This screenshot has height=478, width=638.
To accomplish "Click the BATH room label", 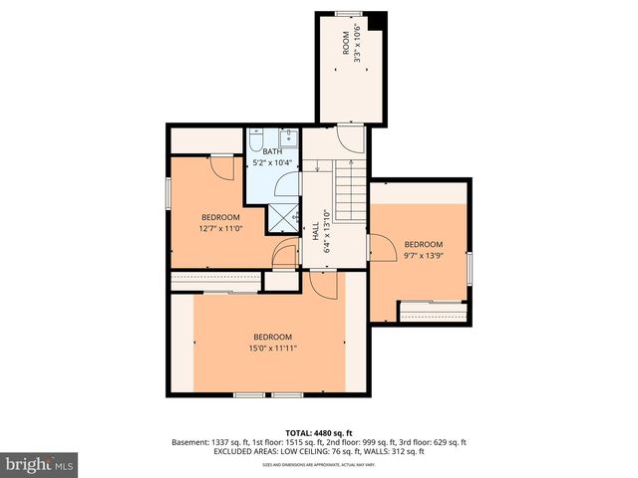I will point(272,151).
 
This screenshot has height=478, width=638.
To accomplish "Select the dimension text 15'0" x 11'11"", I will point(272,348).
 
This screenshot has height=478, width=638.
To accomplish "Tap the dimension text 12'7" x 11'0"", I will point(220,229).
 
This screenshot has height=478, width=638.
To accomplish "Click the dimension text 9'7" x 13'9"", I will point(423,255).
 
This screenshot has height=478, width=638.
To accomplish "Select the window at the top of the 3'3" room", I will point(348,13).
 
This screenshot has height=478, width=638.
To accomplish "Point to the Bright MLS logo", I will point(40,464).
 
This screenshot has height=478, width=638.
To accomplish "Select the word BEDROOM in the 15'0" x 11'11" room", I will point(272,336).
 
